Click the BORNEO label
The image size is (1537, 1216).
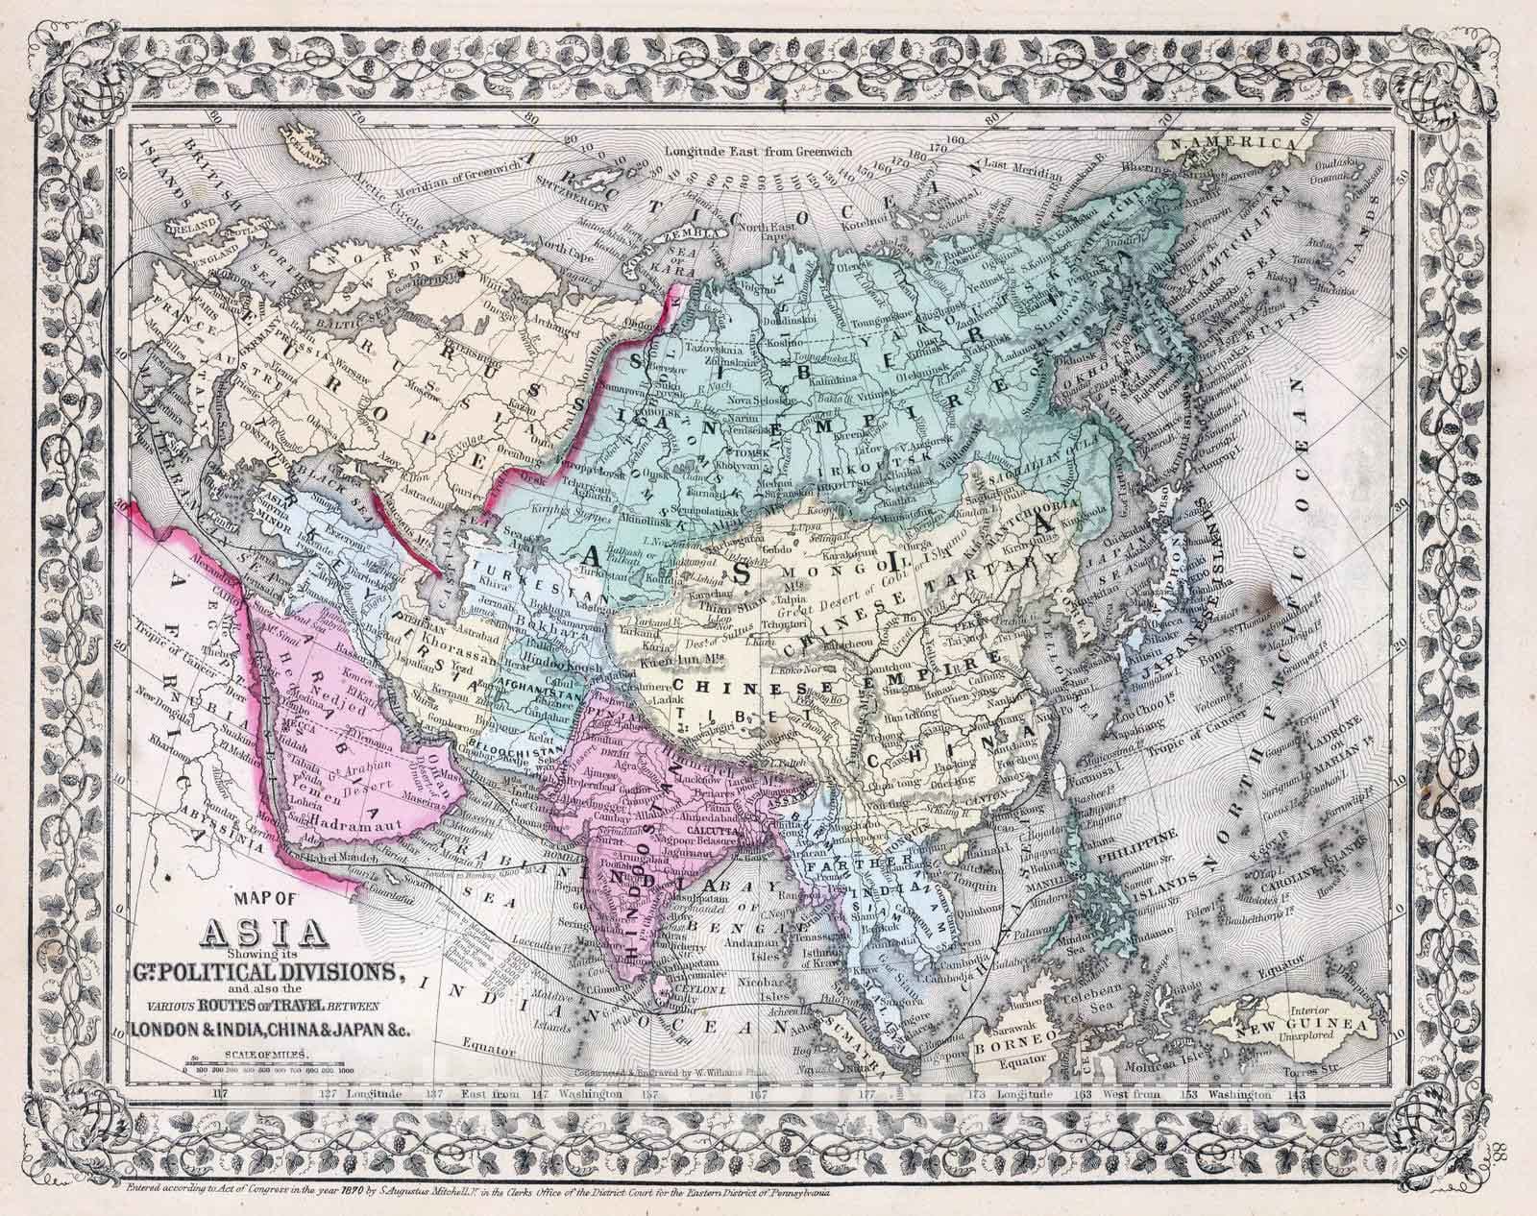click(x=1005, y=1050)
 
